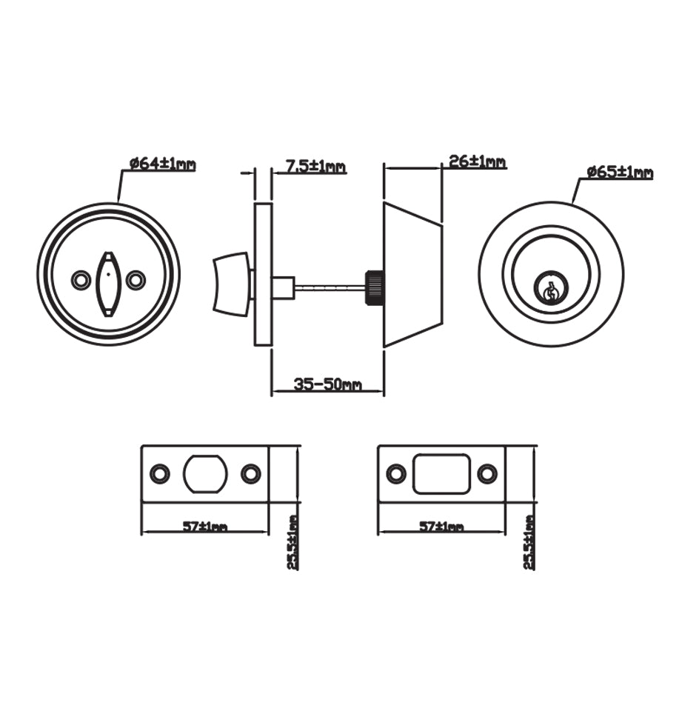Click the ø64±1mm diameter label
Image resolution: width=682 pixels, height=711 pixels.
162,164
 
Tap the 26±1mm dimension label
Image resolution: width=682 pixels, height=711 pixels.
477,161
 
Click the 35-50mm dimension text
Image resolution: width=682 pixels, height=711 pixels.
327,384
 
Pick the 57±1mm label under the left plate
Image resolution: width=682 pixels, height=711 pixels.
204,527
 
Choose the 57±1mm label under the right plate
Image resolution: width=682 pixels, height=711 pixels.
441,527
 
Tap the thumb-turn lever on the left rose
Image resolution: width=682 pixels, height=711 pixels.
107,283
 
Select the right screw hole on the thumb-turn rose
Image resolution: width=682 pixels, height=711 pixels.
135,280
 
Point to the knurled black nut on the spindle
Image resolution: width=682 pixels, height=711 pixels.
373,286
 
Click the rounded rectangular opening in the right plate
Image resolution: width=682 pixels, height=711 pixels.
441,474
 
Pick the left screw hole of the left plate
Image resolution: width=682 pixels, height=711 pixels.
158,474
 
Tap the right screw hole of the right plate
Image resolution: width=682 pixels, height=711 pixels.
487,474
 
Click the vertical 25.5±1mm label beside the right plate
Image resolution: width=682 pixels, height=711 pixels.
529,542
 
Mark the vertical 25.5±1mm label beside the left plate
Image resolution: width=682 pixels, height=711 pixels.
293,542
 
